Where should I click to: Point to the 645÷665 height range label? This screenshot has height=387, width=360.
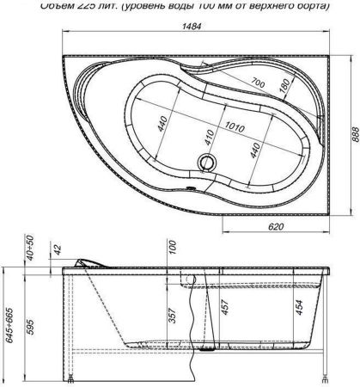coord(9,317)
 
